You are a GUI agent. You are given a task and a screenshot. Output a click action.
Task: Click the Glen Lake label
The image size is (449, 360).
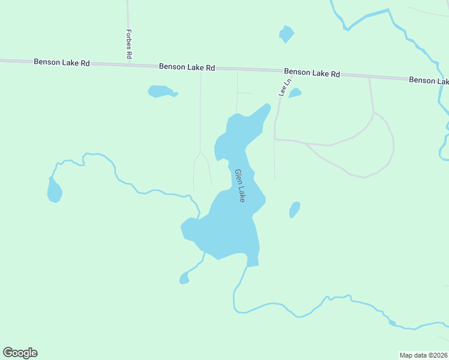[x=240, y=185]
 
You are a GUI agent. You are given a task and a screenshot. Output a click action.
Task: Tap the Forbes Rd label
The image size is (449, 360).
[x=129, y=43]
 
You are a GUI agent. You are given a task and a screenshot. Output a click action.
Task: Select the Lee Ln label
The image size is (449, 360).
[x=284, y=87]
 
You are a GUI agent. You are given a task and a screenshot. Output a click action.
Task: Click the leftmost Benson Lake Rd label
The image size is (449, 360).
[x=62, y=62]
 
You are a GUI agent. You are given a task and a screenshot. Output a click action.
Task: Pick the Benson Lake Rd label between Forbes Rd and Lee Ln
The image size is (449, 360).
[x=187, y=67]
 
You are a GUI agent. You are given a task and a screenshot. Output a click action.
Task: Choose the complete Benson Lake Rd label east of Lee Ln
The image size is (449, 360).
[x=312, y=73]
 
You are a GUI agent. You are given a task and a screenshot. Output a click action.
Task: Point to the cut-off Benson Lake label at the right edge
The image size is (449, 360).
[x=429, y=80]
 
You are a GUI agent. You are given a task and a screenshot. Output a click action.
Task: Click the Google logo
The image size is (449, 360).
[x=20, y=353]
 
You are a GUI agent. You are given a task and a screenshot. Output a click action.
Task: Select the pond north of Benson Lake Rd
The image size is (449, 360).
[x=286, y=34]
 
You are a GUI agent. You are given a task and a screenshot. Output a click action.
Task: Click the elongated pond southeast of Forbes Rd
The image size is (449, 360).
[x=161, y=91]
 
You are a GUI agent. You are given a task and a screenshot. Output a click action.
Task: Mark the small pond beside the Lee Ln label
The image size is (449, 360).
[x=295, y=92]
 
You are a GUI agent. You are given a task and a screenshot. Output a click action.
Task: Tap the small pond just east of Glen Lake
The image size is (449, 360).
[x=295, y=209]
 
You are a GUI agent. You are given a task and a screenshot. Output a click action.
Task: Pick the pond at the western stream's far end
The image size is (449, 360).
[x=54, y=191]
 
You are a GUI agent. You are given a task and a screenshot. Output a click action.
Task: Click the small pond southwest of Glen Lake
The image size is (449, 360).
[x=184, y=278]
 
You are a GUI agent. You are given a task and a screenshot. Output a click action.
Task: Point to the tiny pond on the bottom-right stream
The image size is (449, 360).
[x=392, y=323]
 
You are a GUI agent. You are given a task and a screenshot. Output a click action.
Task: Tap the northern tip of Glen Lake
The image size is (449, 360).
[x=268, y=105]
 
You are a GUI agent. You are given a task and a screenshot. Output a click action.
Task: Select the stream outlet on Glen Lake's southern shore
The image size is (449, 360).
[x=247, y=266]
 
